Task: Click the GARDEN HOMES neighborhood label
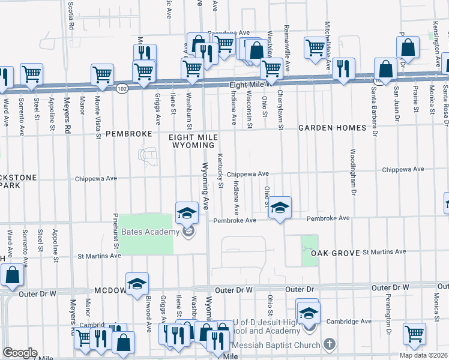coord(333,128)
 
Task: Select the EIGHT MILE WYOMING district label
coord(194,141)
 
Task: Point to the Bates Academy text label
coord(149,232)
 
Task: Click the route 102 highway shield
coord(122,88)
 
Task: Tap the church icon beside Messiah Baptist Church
coord(328,344)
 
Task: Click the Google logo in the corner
coord(20,353)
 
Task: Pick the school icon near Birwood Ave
coord(137,284)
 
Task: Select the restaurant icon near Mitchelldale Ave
coord(343,70)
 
